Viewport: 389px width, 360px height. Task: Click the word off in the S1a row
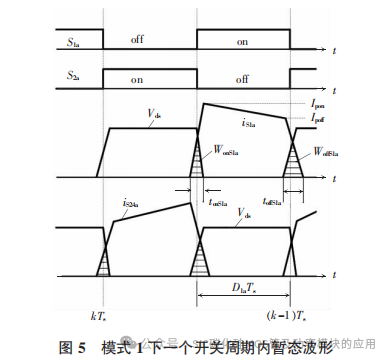[x=142, y=39]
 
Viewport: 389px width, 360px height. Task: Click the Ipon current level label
[x=319, y=103]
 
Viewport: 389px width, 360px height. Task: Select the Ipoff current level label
[x=319, y=118]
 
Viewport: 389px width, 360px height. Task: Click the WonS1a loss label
[x=229, y=153]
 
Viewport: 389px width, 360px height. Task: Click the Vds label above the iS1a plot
[x=154, y=116]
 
